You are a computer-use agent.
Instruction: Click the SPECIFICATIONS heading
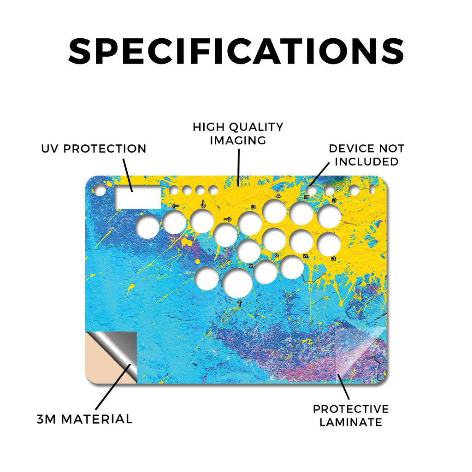coord(236,51)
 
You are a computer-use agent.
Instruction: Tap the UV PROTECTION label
coord(94,149)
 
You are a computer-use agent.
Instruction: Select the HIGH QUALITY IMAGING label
coord(238,134)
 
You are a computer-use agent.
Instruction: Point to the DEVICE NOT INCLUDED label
coord(366,155)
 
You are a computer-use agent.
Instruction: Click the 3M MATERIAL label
coord(85,419)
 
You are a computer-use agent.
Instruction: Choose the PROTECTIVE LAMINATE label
coord(351,416)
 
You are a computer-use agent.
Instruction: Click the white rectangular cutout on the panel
coord(138,197)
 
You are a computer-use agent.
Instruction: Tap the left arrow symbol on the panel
coord(175,206)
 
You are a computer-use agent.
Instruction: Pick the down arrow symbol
coord(203,204)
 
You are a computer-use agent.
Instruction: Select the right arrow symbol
coord(228,219)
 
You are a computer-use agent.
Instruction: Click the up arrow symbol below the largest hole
coord(240,303)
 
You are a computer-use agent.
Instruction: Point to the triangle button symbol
coord(278,195)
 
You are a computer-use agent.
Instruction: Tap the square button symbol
coord(253,207)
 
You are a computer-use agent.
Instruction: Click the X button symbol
coord(251,265)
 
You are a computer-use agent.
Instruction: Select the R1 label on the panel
coord(306,197)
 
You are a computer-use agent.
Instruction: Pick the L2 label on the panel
coord(333,259)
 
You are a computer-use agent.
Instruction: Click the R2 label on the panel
coord(306,256)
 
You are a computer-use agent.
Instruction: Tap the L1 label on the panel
coord(334,200)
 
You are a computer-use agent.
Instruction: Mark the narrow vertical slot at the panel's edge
coord(372,190)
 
